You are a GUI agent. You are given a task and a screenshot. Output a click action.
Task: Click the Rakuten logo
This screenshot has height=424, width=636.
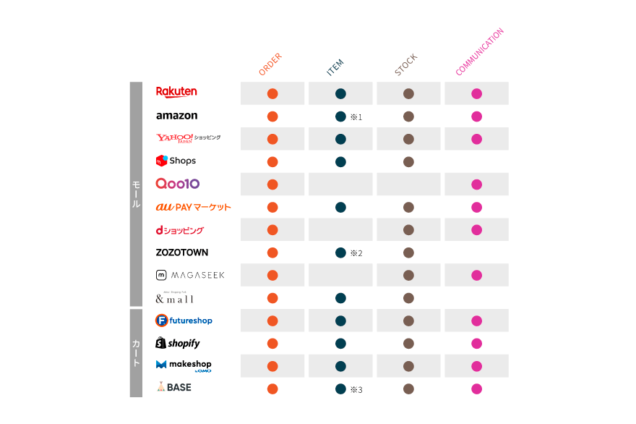176,92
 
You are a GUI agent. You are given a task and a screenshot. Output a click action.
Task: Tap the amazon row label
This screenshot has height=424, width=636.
176,116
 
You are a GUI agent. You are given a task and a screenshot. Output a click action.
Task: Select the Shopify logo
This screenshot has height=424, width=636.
178,343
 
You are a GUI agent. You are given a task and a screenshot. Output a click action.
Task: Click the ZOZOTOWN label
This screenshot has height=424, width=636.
182,253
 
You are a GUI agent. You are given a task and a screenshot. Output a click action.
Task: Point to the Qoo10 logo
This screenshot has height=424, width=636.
178,184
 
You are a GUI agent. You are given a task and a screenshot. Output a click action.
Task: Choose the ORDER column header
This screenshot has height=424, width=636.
270,64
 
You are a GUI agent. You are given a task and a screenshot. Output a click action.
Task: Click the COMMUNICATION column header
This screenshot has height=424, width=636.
479,52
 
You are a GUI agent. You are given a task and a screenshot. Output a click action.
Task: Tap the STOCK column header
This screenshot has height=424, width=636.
406,65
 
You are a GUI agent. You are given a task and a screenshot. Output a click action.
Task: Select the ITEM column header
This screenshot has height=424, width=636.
335,67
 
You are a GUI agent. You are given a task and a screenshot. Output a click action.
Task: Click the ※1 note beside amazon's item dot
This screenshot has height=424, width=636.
356,116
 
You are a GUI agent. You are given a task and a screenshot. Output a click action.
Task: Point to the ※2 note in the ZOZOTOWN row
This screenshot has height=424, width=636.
356,253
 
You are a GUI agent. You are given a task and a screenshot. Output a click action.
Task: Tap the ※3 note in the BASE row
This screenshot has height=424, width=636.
356,389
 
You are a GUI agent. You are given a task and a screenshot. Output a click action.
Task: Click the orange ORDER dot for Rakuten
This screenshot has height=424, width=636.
272,93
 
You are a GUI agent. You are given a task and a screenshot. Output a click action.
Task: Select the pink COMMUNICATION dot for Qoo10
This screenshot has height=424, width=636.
476,185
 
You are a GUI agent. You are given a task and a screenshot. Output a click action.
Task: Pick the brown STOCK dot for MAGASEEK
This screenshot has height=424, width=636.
408,275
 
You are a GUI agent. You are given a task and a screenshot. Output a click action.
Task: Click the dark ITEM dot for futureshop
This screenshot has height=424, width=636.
340,321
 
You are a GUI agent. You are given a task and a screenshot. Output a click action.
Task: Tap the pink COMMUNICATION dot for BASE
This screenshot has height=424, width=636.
476,389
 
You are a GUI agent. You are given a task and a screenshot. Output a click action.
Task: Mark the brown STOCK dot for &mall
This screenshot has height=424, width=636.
408,298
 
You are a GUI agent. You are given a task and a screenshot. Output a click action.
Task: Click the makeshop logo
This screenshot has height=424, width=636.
184,365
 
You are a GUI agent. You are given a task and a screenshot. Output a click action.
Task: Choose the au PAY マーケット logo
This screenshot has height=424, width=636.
193,207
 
